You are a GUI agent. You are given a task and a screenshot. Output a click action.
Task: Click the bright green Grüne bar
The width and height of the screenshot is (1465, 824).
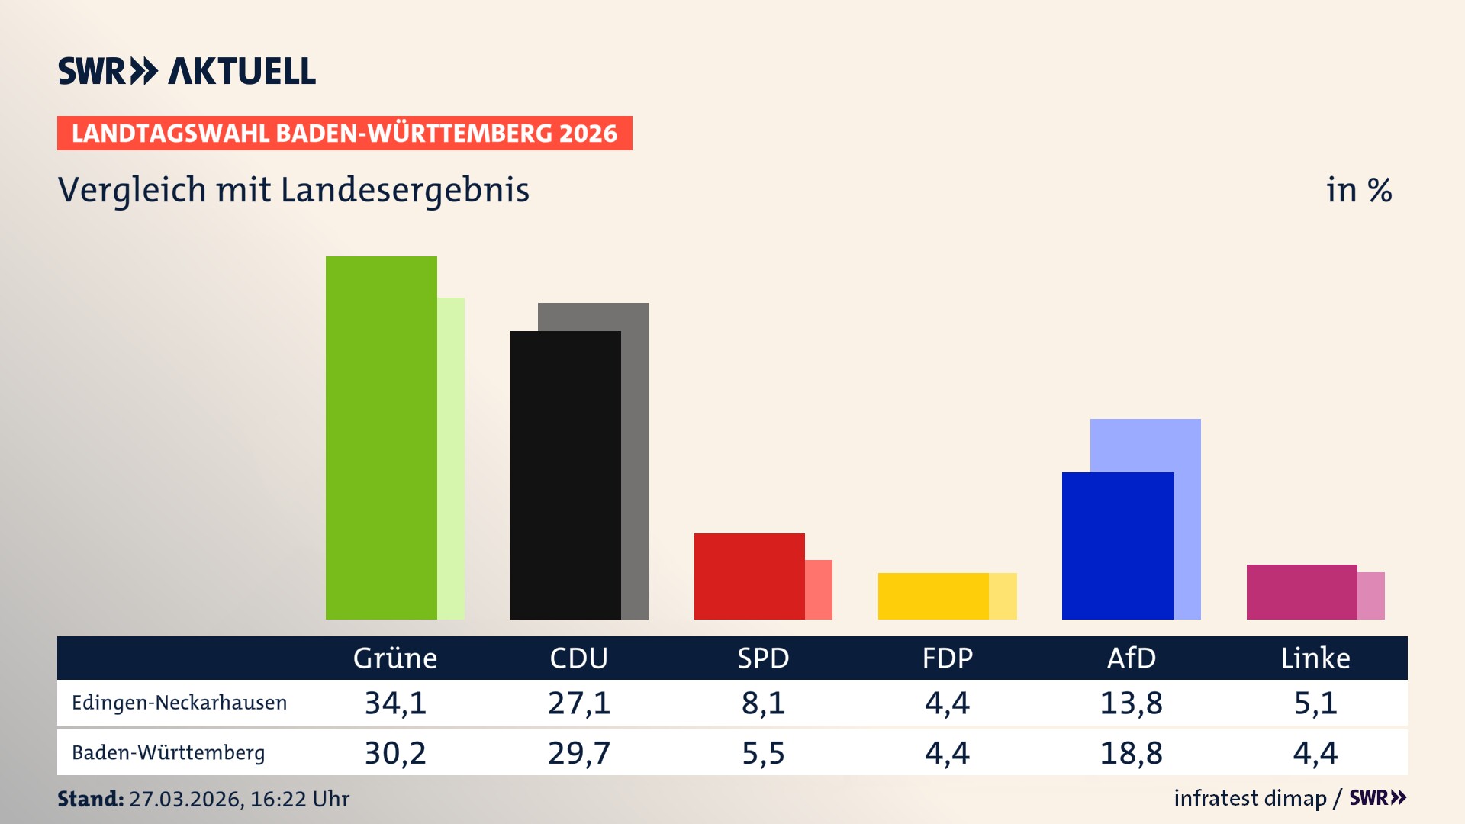(x=381, y=438)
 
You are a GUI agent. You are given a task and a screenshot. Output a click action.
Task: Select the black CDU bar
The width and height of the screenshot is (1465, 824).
(x=565, y=475)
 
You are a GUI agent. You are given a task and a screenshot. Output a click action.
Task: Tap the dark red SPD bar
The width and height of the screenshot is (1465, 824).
(x=749, y=576)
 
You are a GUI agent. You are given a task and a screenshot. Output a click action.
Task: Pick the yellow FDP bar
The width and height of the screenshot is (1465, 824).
(x=933, y=596)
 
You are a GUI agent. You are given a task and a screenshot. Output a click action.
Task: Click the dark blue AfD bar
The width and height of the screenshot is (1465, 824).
(x=1117, y=546)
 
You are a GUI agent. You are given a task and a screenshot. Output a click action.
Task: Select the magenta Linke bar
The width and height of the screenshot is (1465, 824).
(x=1302, y=592)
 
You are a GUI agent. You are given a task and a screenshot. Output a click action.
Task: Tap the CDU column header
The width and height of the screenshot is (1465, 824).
(x=578, y=658)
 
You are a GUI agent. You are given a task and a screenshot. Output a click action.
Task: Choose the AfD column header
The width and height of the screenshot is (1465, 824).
(x=1131, y=658)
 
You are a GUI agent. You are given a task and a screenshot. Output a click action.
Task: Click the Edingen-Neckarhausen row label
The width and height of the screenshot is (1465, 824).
(x=179, y=703)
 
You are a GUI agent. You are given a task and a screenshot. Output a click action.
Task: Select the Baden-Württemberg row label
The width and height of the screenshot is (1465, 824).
(x=168, y=753)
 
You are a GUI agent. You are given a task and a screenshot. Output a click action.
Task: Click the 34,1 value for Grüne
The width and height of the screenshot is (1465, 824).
(x=395, y=703)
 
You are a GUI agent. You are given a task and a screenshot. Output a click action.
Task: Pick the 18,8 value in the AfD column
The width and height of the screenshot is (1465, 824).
(x=1131, y=753)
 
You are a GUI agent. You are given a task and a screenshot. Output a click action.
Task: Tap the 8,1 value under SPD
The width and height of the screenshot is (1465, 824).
(x=763, y=703)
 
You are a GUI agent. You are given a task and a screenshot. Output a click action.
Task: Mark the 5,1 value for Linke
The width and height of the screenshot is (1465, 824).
(x=1315, y=703)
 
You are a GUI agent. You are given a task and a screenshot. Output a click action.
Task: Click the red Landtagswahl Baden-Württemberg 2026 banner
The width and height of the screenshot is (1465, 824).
(x=344, y=134)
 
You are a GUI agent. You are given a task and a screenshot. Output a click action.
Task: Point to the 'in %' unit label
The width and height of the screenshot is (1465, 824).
(x=1358, y=190)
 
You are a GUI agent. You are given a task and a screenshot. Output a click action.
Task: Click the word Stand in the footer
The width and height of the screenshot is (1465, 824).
(x=90, y=799)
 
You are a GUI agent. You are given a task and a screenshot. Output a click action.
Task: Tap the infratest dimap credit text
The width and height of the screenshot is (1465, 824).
(x=1250, y=798)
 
